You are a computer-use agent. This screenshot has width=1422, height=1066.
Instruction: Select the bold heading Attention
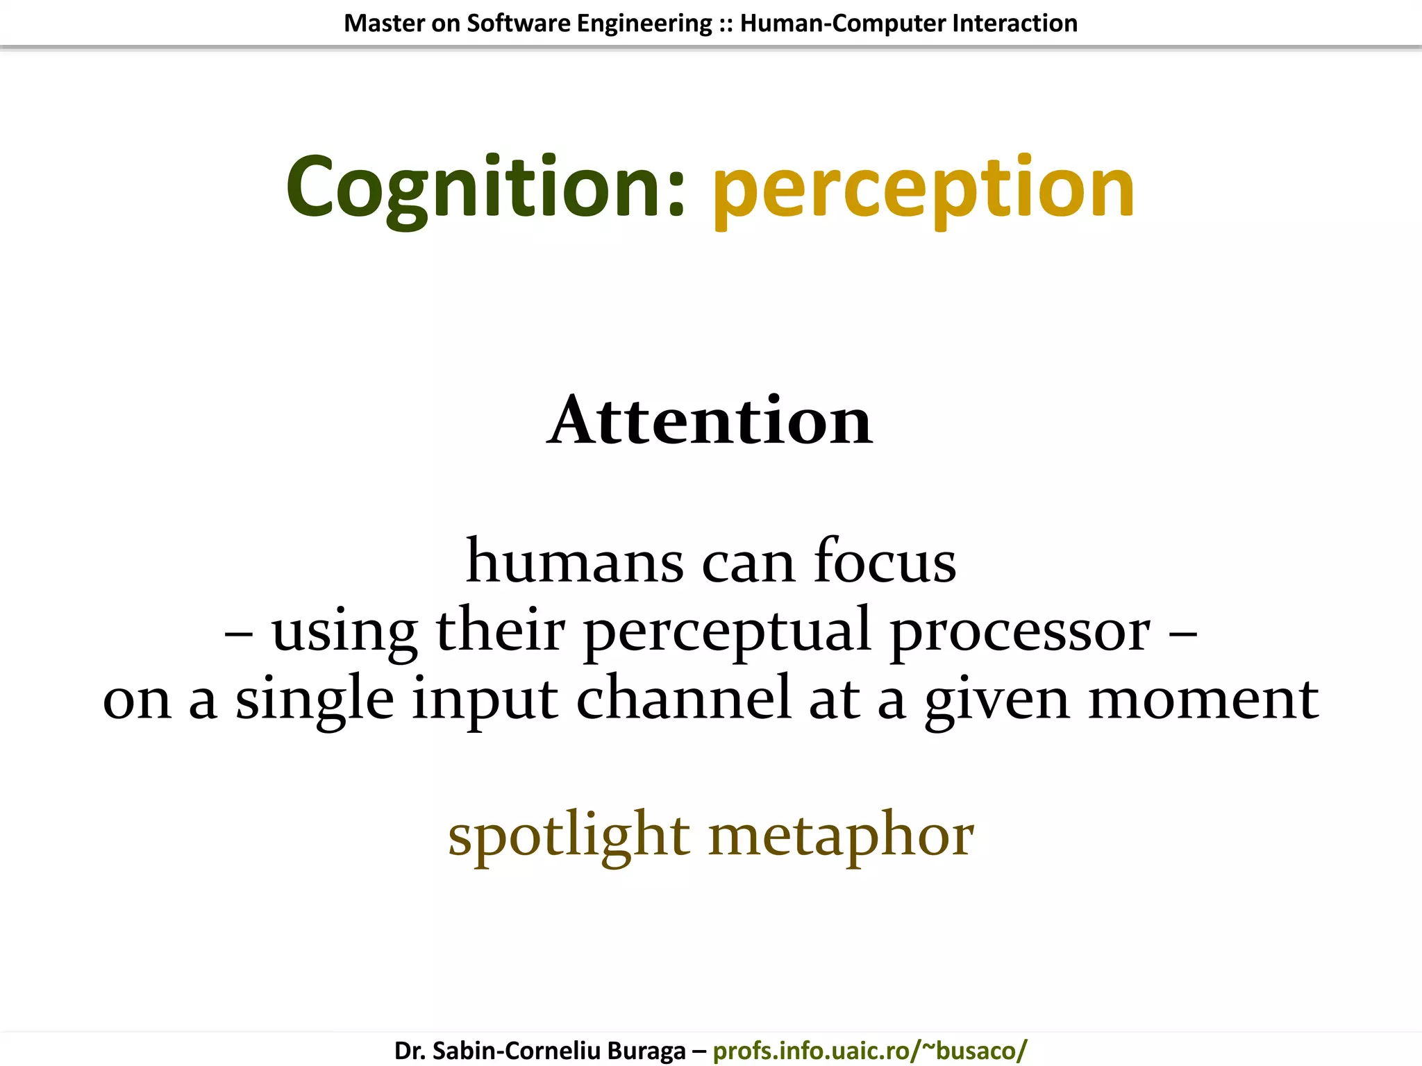(710, 421)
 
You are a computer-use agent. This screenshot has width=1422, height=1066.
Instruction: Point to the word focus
(885, 561)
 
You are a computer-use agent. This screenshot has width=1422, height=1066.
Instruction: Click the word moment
(1203, 698)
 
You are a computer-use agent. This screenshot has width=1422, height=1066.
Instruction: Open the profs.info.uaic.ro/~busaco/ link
(869, 1050)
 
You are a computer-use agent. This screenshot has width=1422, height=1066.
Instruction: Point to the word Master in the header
(384, 24)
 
